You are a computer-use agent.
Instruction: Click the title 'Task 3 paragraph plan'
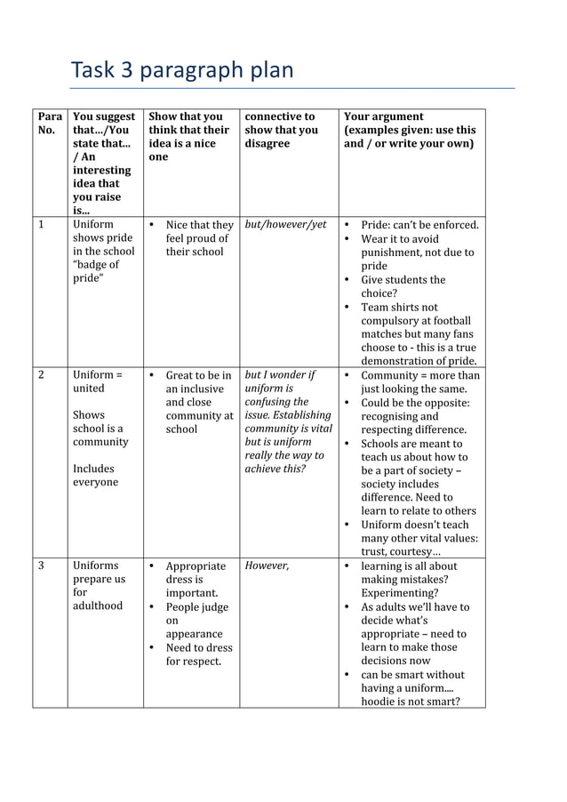click(x=181, y=70)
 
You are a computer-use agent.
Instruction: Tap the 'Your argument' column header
click(x=410, y=130)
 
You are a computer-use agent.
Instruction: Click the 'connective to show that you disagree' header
click(x=281, y=130)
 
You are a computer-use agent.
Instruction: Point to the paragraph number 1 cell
click(x=41, y=225)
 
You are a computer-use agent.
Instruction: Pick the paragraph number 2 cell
click(x=41, y=375)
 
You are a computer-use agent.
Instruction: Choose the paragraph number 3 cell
click(x=41, y=565)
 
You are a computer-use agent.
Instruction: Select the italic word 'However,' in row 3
click(x=267, y=565)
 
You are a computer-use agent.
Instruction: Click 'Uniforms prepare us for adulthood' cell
click(x=99, y=585)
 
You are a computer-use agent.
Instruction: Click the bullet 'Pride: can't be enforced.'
click(x=419, y=225)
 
